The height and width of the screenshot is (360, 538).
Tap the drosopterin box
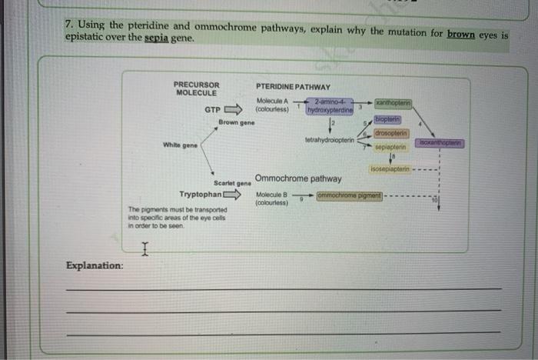[x=391, y=132]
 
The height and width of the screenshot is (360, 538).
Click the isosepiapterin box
[x=389, y=168]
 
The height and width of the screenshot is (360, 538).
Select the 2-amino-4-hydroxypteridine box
[x=330, y=106]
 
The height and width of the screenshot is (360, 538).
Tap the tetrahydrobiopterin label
[x=329, y=140]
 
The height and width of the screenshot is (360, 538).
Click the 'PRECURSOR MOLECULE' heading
[x=196, y=88]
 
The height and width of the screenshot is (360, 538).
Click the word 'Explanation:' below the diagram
[x=95, y=265]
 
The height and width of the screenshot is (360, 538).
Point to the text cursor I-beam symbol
[x=144, y=247]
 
